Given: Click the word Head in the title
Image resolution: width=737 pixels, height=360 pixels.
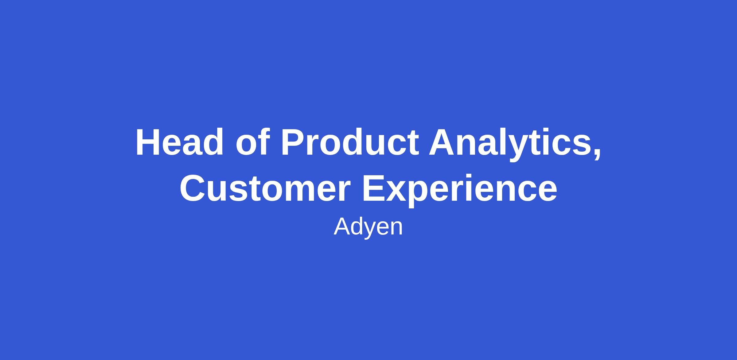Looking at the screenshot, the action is (180, 142).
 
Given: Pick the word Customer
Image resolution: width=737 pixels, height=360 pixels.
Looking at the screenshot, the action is (265, 188).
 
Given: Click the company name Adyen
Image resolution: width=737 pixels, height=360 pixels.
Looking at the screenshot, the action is (368, 227).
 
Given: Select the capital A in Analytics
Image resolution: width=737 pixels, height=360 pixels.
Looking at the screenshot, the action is (443, 142).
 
